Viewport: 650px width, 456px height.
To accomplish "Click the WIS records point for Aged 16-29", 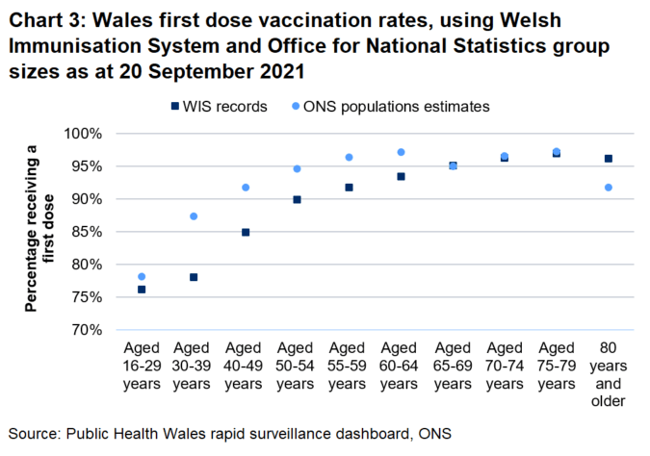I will (x=142, y=290).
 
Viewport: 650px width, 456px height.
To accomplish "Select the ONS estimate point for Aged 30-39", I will (x=194, y=216).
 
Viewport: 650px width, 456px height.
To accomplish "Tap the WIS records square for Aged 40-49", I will (x=246, y=233).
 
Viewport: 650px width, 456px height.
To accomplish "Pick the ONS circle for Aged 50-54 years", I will (x=298, y=169).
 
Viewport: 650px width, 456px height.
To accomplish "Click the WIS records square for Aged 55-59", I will (x=350, y=188).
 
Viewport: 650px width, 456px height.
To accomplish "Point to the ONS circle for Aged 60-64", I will (x=402, y=152).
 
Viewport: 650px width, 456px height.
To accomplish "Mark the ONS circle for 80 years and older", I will (x=609, y=188).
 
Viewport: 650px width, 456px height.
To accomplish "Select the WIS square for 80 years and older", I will (x=609, y=159).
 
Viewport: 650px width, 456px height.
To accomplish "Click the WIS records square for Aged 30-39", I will (x=194, y=277).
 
